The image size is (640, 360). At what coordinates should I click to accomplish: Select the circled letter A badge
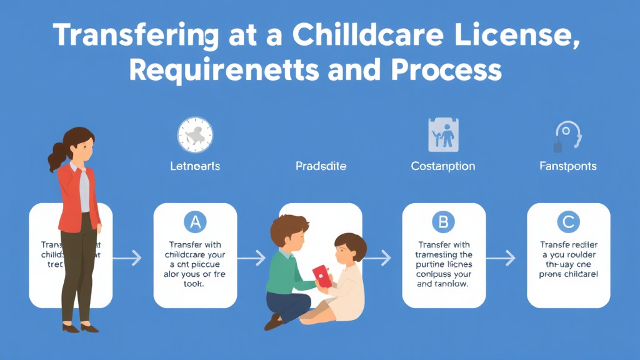[195, 222]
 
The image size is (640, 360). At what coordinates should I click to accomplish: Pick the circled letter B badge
[443, 222]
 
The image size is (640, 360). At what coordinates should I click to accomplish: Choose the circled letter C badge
[568, 222]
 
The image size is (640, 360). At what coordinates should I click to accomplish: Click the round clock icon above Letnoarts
[195, 134]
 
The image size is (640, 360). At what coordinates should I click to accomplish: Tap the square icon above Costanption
[443, 134]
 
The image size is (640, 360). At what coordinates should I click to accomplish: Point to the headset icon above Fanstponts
[567, 136]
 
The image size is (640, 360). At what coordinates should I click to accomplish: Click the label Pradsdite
[321, 166]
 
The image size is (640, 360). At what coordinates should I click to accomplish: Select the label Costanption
[443, 166]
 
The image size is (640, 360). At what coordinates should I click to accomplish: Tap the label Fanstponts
[568, 166]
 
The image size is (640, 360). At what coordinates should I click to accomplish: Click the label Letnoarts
[195, 166]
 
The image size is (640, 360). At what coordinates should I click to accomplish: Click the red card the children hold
[321, 275]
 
